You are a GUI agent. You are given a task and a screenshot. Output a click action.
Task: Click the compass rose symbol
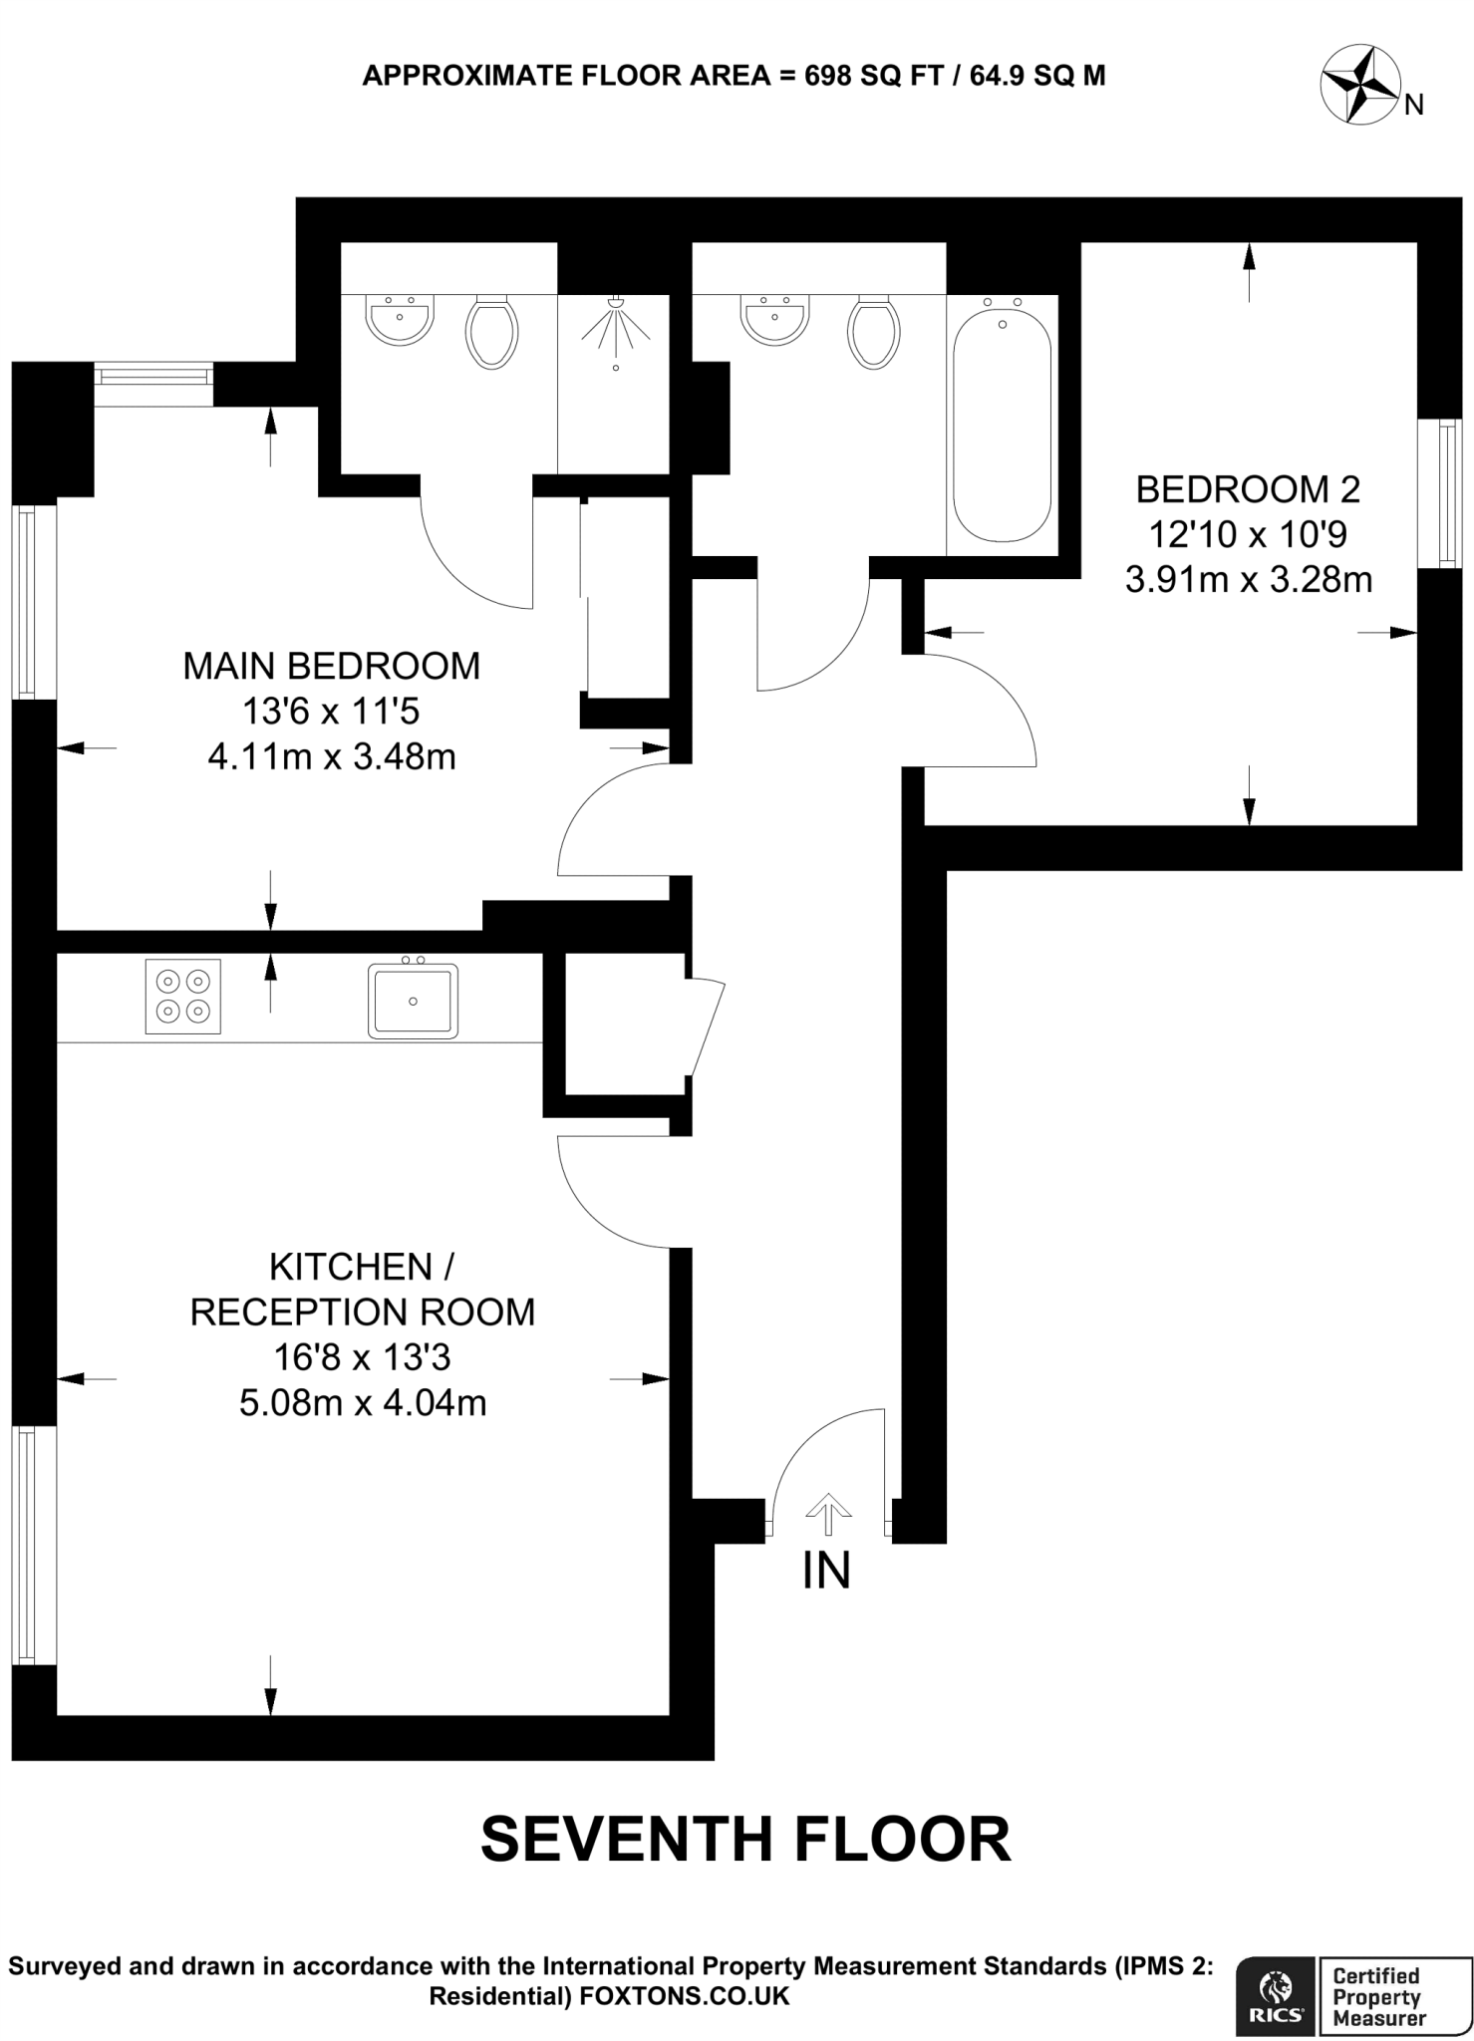point(1360,87)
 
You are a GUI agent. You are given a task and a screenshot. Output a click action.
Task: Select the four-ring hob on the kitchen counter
point(183,996)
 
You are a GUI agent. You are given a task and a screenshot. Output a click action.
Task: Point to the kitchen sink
point(413,1000)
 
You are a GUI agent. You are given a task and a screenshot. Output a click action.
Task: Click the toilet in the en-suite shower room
point(491,332)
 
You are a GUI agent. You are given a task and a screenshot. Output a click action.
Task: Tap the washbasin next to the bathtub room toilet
point(774,319)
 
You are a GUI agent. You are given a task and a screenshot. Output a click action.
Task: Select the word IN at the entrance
point(826,1572)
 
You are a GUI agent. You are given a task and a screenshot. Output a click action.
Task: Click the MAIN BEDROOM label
point(331,666)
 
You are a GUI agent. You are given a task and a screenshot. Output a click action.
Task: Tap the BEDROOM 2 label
point(1248,489)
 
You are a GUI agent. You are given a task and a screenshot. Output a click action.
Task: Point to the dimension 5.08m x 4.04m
point(363,1403)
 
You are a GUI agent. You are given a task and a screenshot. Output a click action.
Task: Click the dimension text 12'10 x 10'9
point(1248,535)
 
